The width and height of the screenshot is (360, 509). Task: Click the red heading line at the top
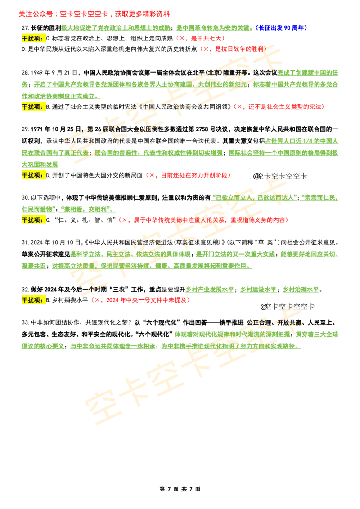(x=94, y=14)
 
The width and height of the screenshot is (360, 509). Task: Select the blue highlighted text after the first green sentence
(x=282, y=28)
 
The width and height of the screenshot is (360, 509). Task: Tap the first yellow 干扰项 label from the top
(x=34, y=38)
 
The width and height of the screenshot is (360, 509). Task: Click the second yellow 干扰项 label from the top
(x=34, y=107)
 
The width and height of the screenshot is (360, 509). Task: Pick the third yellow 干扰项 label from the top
(x=34, y=175)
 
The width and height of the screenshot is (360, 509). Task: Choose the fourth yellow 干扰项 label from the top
(x=34, y=220)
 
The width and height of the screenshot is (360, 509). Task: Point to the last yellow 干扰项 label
(x=34, y=300)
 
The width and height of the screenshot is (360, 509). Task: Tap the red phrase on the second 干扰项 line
(x=279, y=107)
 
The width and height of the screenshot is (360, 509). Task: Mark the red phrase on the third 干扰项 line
(x=188, y=175)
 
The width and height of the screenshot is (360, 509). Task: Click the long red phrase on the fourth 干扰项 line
(x=203, y=220)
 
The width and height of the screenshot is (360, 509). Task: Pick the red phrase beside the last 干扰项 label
(x=140, y=300)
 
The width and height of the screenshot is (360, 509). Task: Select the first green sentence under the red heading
(x=157, y=28)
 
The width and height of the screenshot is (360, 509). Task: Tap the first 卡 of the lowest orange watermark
(x=137, y=391)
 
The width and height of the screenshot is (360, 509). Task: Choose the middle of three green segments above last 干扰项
(x=257, y=290)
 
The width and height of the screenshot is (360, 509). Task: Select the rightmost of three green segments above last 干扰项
(x=301, y=290)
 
